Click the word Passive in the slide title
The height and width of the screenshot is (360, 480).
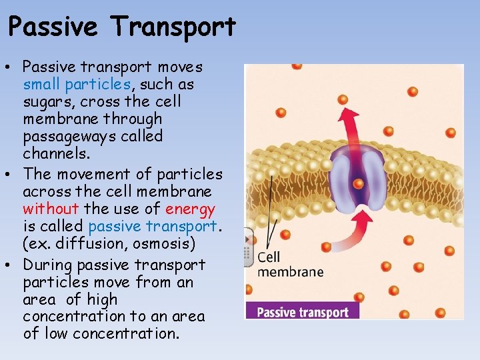point(54,27)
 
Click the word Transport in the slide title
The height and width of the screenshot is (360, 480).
point(174,27)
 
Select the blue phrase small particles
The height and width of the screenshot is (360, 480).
point(77,85)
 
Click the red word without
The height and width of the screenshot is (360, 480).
point(51,209)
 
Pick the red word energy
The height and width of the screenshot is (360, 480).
point(191,209)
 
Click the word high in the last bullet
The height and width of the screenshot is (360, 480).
point(101,299)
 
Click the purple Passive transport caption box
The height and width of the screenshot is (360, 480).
point(302,311)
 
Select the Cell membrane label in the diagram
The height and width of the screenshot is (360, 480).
point(289,264)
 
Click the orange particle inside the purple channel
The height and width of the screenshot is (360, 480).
point(358,183)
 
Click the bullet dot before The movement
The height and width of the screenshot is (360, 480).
point(13,175)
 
